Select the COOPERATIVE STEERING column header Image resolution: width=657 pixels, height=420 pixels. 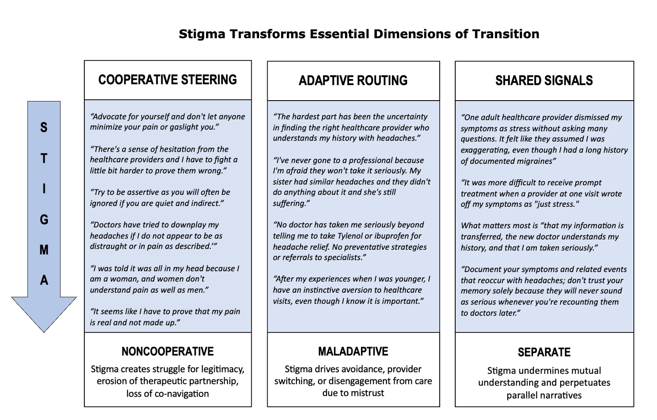167,80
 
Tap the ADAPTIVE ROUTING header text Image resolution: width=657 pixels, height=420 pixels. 353,80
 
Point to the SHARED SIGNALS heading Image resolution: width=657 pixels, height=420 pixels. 544,80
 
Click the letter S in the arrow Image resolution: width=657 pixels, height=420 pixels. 44,128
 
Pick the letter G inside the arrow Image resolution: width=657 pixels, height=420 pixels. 44,220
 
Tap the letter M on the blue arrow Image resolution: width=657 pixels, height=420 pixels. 44,250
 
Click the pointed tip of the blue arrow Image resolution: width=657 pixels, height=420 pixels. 44,332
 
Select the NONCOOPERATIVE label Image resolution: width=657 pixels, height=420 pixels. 167,351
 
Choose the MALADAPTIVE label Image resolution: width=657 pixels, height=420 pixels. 353,351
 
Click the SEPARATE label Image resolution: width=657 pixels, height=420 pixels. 544,353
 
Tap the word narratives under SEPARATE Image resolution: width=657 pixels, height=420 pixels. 561,395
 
